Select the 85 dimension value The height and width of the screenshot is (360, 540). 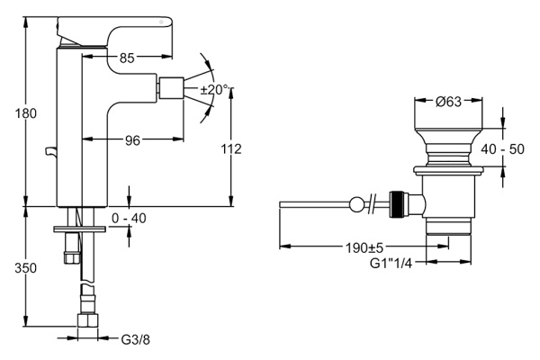point(127,58)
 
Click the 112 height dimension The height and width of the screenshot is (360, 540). point(230,148)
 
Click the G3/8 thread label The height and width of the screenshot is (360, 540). point(135,339)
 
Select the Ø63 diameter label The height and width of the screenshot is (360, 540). point(448,102)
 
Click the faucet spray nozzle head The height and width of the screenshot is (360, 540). point(169,89)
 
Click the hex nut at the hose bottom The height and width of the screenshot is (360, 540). point(87,323)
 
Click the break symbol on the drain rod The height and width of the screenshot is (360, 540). point(373,203)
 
